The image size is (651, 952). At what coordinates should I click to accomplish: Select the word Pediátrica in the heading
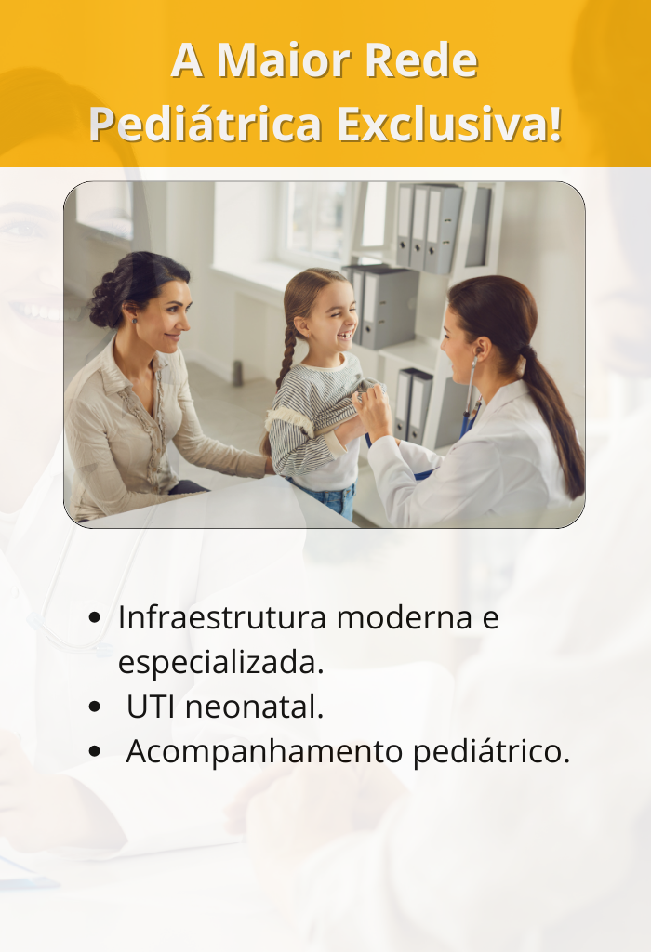(206, 124)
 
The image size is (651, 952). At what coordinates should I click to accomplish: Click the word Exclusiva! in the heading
(449, 124)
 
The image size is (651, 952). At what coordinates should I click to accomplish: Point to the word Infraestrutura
(222, 617)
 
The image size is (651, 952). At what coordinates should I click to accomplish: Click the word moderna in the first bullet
(404, 618)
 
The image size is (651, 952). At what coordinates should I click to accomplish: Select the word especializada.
(221, 662)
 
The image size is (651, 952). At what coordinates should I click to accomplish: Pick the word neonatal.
(254, 707)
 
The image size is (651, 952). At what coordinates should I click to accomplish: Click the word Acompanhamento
(264, 752)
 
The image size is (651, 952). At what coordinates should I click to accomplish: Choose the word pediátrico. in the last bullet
(491, 751)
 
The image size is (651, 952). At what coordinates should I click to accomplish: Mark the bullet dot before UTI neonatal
(94, 707)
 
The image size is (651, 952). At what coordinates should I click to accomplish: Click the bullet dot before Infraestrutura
(94, 618)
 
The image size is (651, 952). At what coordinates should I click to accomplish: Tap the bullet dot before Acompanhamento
(94, 751)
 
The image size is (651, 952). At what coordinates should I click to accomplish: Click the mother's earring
(135, 320)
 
